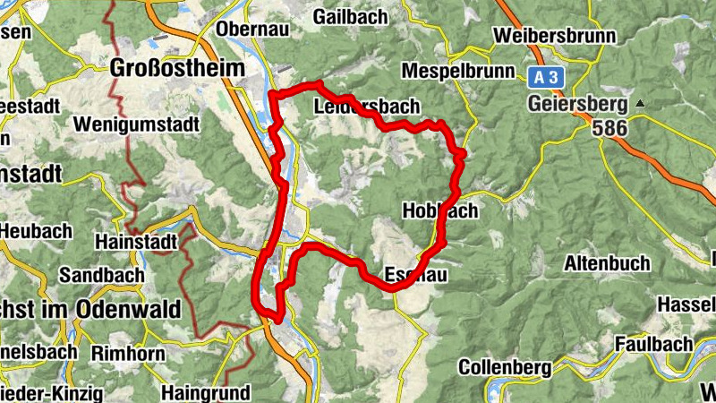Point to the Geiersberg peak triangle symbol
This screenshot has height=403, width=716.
pos(639,103)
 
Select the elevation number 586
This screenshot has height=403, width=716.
pos(609,128)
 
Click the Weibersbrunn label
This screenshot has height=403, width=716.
pos(555,37)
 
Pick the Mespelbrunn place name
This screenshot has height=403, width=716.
pos(458,71)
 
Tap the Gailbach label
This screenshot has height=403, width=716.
pos(351,17)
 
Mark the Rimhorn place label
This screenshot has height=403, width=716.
pos(128,354)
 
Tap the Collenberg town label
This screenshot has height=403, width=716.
pos(503,367)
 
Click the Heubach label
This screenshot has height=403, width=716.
pos(36,231)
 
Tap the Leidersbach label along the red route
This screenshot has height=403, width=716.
pos(367,107)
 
